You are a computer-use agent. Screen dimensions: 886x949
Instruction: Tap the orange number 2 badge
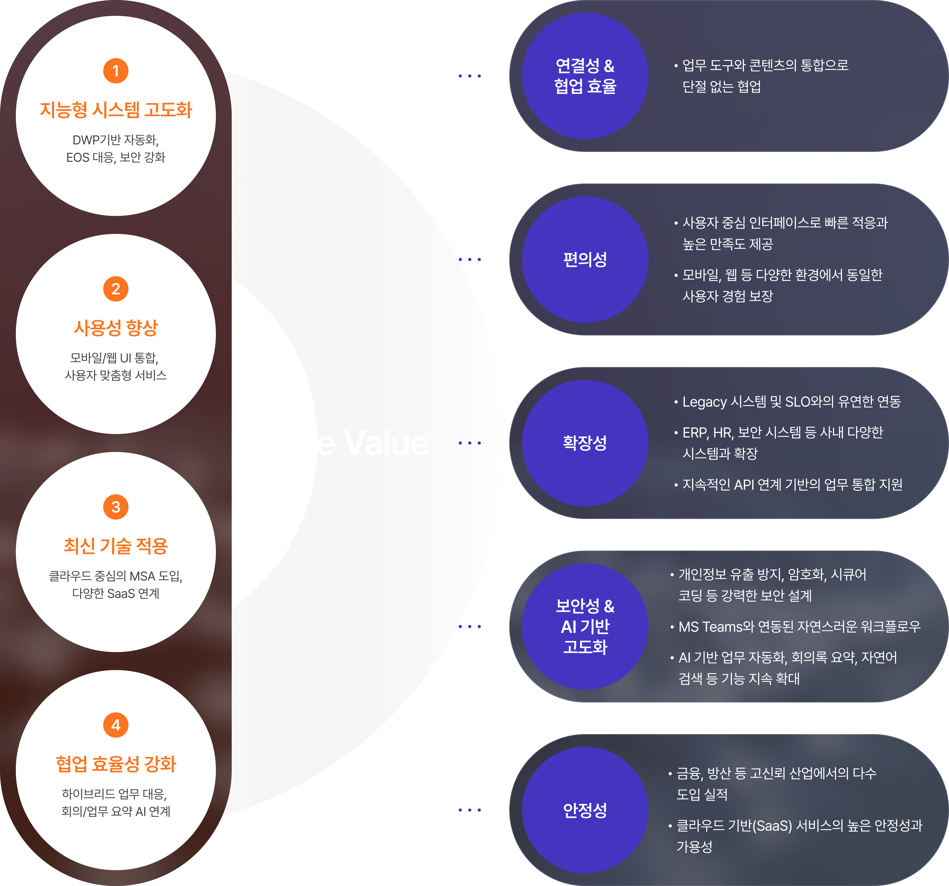[x=115, y=289]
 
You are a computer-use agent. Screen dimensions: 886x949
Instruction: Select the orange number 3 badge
[x=115, y=507]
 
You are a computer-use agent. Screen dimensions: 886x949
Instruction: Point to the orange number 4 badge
[x=115, y=725]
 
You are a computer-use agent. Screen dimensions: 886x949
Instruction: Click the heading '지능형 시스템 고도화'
[x=115, y=110]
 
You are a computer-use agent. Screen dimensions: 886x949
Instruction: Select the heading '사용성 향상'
[x=115, y=328]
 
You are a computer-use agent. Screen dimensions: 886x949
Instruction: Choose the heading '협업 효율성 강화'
[x=115, y=764]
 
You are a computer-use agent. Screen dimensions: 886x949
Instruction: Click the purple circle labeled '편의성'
[x=585, y=259]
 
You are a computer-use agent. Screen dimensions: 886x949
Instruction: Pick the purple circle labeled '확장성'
[x=585, y=443]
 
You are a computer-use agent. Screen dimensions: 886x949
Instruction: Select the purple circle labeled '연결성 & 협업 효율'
[x=585, y=76]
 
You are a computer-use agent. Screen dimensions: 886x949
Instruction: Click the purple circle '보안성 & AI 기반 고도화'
[x=585, y=626]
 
